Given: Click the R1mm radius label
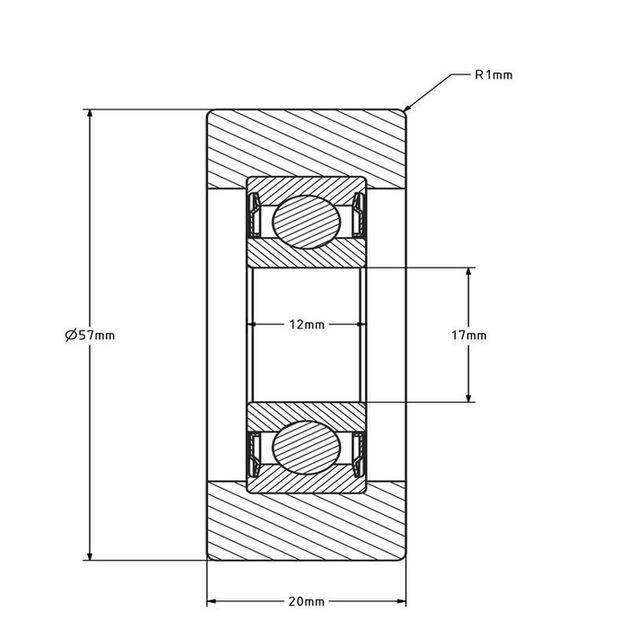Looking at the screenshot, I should pos(493,75).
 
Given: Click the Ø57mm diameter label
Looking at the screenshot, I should pos(90,335).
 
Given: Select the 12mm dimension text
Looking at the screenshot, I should pos(307,324).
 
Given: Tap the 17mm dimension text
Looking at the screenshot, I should pos(468,335).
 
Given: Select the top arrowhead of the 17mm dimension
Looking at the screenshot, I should pos(468,272).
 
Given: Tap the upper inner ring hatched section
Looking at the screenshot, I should pos(307,254).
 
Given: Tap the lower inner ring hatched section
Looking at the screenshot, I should pos(307,414).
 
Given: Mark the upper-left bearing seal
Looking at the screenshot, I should pos(255,215).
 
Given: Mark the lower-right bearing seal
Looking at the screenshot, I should pos(360,452).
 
